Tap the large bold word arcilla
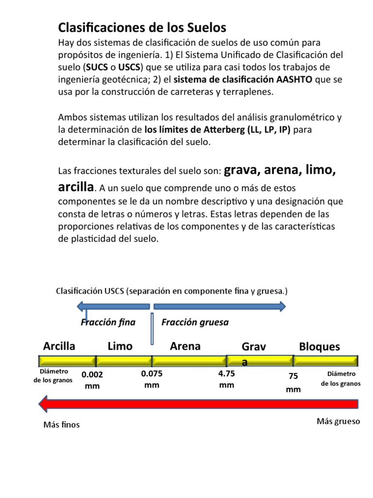(75, 187)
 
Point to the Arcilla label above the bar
(59, 346)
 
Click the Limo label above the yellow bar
(120, 346)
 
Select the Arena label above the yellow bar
(185, 346)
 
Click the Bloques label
(320, 347)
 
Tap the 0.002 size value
(92, 375)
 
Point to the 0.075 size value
(152, 374)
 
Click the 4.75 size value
(227, 374)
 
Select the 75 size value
(293, 376)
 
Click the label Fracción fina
(108, 322)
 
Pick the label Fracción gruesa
(195, 322)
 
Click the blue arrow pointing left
(114, 306)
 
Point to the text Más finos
(61, 425)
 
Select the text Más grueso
(338, 421)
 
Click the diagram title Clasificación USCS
(171, 291)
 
